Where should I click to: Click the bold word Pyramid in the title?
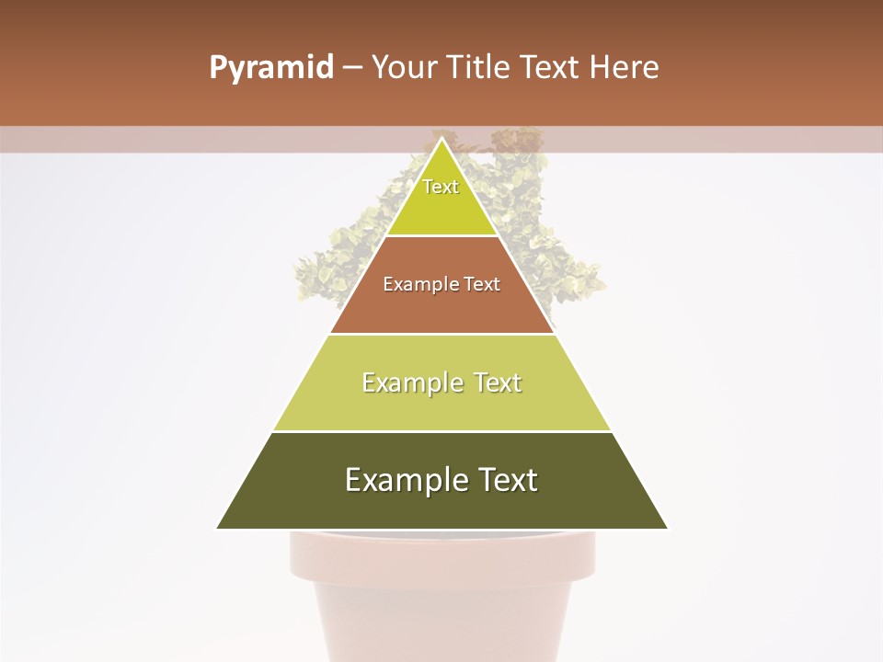point(270,68)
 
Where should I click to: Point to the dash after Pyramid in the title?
point(352,69)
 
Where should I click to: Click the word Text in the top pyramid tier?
point(441,187)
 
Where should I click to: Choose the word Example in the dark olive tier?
point(397,480)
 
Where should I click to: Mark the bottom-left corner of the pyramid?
point(218,528)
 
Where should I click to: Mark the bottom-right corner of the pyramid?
point(667,528)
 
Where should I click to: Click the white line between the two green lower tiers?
point(441,431)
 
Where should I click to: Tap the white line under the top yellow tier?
point(441,236)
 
